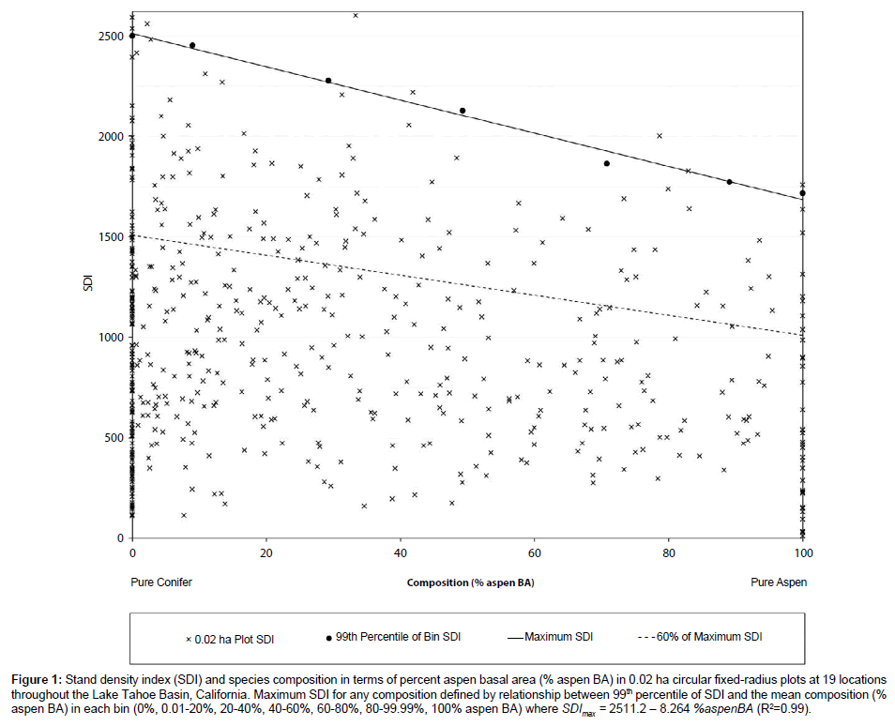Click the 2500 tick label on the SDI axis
point(110,36)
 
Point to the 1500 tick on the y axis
point(110,236)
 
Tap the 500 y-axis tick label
point(113,438)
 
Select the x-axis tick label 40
point(401,552)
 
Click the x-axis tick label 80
point(669,552)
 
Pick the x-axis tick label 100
point(802,552)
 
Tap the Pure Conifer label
point(161,582)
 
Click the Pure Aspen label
point(779,582)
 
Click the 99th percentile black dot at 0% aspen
point(132,36)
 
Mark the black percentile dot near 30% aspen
point(328,81)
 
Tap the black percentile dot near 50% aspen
point(463,111)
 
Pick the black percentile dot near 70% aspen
point(607,163)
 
